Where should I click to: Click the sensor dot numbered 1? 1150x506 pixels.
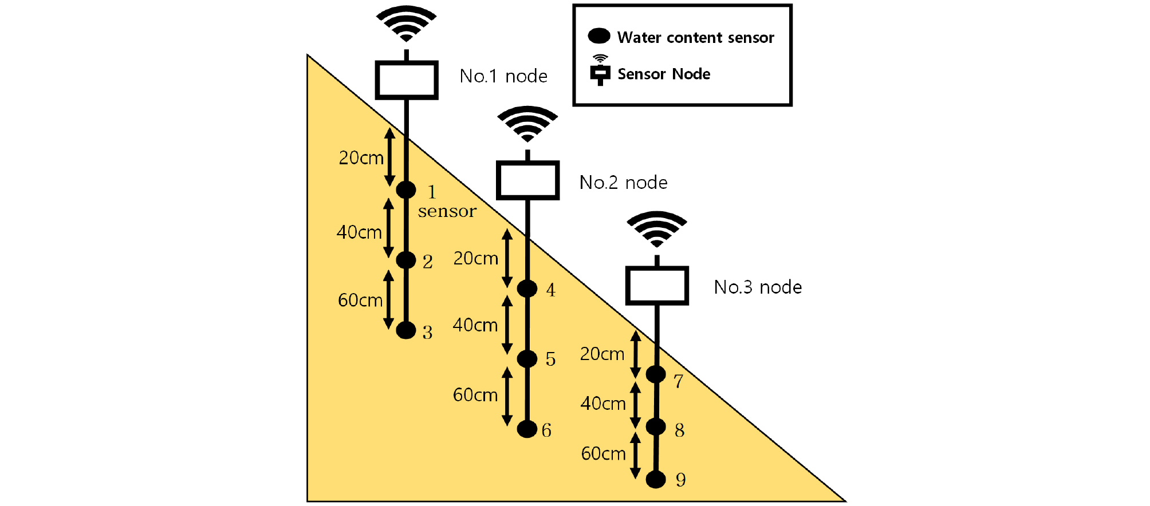(x=406, y=189)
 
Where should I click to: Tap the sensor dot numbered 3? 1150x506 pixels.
(x=406, y=330)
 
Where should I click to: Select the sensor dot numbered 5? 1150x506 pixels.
(x=527, y=359)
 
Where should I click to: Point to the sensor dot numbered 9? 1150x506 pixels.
(x=656, y=480)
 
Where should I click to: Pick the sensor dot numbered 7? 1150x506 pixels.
(x=656, y=374)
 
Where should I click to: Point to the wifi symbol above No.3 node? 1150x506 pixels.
(x=657, y=229)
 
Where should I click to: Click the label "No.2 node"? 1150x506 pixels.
(x=624, y=183)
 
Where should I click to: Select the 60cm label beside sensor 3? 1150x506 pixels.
(x=360, y=300)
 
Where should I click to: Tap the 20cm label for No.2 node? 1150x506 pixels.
(x=476, y=258)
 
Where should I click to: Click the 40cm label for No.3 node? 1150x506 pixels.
(x=603, y=404)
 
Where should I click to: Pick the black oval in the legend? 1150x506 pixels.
(x=599, y=36)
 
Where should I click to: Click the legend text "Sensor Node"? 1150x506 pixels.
(x=664, y=74)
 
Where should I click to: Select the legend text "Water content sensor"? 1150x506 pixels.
(x=696, y=37)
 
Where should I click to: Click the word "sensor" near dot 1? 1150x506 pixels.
(x=447, y=211)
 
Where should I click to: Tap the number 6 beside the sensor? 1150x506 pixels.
(x=546, y=430)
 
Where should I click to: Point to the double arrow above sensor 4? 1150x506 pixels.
(x=507, y=258)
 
